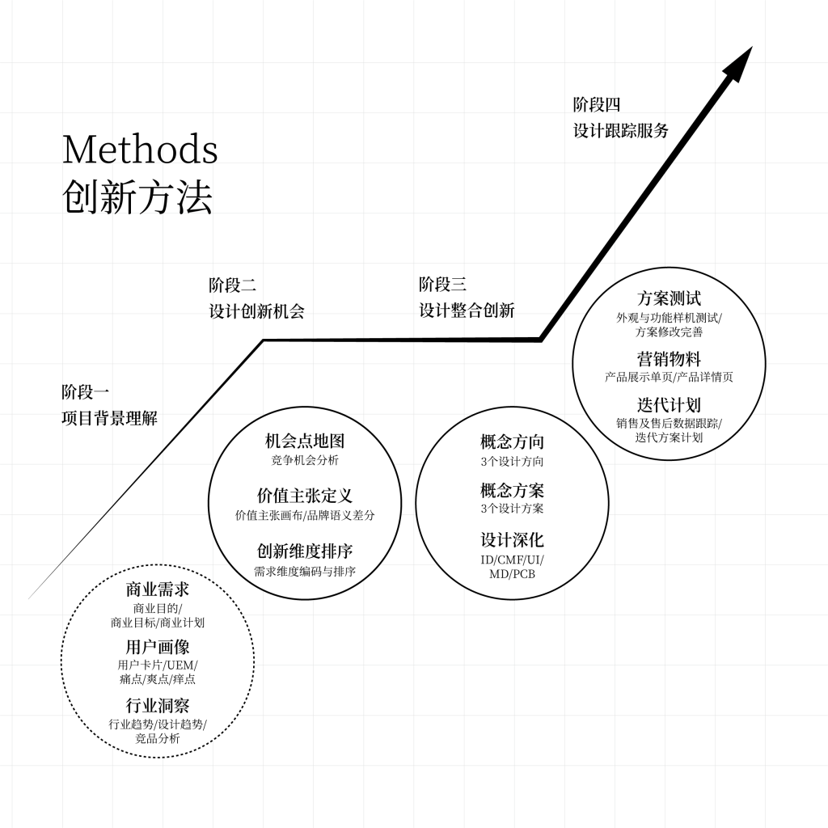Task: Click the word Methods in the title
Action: [x=140, y=149]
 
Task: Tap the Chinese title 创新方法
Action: [x=137, y=196]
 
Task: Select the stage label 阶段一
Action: [x=85, y=392]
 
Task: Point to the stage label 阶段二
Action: [x=232, y=285]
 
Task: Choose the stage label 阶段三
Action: [x=442, y=285]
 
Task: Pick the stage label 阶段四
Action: [x=597, y=104]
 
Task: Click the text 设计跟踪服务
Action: [x=621, y=130]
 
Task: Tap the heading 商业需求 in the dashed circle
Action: [x=157, y=589]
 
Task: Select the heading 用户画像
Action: [x=157, y=647]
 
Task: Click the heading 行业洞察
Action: [x=157, y=705]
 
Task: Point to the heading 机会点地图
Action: [x=305, y=441]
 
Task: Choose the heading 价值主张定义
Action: [x=305, y=496]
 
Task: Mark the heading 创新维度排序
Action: [x=305, y=551]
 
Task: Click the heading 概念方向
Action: [x=512, y=441]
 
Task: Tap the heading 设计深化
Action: [x=512, y=540]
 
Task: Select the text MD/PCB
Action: [x=512, y=575]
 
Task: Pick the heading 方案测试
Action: [x=669, y=298]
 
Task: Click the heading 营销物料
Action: [x=669, y=358]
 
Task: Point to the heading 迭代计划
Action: [x=669, y=405]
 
